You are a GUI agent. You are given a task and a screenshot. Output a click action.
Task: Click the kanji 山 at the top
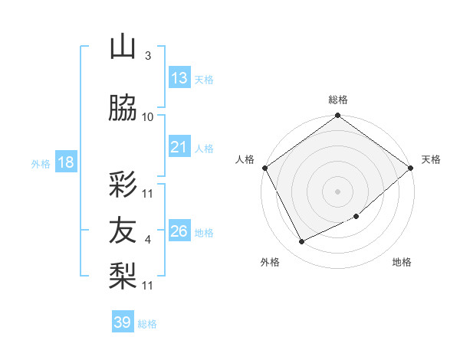point(123,47)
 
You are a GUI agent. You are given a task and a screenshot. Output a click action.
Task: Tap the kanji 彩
point(123,184)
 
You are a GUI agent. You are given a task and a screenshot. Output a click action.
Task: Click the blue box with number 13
point(179,77)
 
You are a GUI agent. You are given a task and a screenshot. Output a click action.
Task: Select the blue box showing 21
point(179,147)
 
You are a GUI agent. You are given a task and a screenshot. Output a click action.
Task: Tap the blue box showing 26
point(179,231)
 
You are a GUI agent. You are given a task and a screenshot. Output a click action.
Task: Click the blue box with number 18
point(65,162)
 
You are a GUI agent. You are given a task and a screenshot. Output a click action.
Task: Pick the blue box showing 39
point(122,322)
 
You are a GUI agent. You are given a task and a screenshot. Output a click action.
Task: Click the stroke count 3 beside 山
point(147,55)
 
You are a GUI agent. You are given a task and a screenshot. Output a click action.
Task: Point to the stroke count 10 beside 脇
point(147,116)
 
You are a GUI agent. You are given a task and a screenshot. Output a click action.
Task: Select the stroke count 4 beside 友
point(147,240)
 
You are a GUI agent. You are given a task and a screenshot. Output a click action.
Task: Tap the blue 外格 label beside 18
point(40,163)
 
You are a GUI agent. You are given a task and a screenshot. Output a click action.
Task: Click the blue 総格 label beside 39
point(147,324)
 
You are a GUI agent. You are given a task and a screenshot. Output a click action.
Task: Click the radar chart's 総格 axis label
point(337,100)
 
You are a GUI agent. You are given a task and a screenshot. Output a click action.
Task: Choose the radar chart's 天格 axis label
point(432,159)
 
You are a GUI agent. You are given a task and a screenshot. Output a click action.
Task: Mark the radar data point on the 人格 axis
point(264,168)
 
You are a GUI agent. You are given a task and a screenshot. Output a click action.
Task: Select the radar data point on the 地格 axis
point(357,217)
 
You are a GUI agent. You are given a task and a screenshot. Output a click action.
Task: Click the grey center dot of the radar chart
point(337,191)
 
